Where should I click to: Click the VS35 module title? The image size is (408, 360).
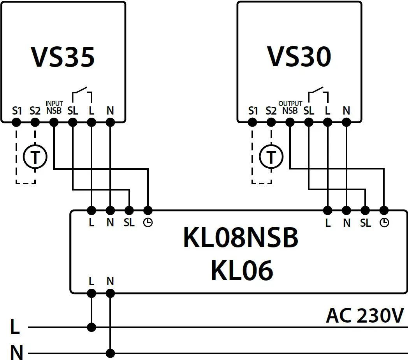[x=63, y=57]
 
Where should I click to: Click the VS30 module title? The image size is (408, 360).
[x=299, y=57]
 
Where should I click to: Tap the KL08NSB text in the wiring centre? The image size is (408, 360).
[x=241, y=238]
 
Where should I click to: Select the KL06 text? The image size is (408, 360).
[x=241, y=270]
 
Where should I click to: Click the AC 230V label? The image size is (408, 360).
[x=365, y=315]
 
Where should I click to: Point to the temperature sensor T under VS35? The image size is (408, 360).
[x=35, y=157]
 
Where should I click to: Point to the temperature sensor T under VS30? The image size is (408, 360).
[x=271, y=157]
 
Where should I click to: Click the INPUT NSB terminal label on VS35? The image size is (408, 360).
[x=54, y=108]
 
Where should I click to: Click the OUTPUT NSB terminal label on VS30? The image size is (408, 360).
[x=290, y=108]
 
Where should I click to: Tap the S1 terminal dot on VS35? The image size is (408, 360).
[x=16, y=122]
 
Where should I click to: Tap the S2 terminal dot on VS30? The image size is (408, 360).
[x=271, y=122]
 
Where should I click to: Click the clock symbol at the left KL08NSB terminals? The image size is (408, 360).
[x=148, y=223]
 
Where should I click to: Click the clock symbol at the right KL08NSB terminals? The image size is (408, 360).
[x=384, y=223]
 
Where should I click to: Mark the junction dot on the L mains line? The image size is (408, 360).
[x=91, y=327]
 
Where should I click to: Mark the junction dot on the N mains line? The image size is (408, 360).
[x=111, y=353]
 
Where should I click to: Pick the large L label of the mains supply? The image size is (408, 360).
[x=15, y=327]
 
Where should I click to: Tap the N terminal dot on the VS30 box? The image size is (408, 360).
[x=346, y=122]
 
